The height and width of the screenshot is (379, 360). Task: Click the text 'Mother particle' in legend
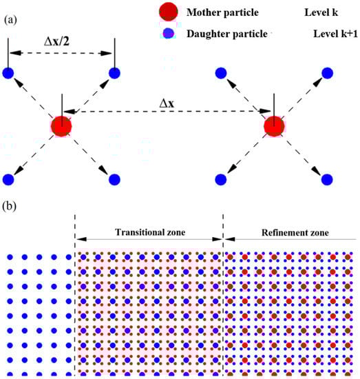coord(220,13)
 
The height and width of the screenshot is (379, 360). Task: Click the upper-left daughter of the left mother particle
coord(8,73)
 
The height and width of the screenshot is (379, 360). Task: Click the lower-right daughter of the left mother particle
coord(114,180)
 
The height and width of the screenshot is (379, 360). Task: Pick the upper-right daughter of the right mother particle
coord(327,73)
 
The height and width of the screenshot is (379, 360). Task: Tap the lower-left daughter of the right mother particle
coord(220,180)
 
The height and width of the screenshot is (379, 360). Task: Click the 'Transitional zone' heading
coord(149,233)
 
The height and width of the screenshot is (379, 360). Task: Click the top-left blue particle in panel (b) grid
coord(10,258)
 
